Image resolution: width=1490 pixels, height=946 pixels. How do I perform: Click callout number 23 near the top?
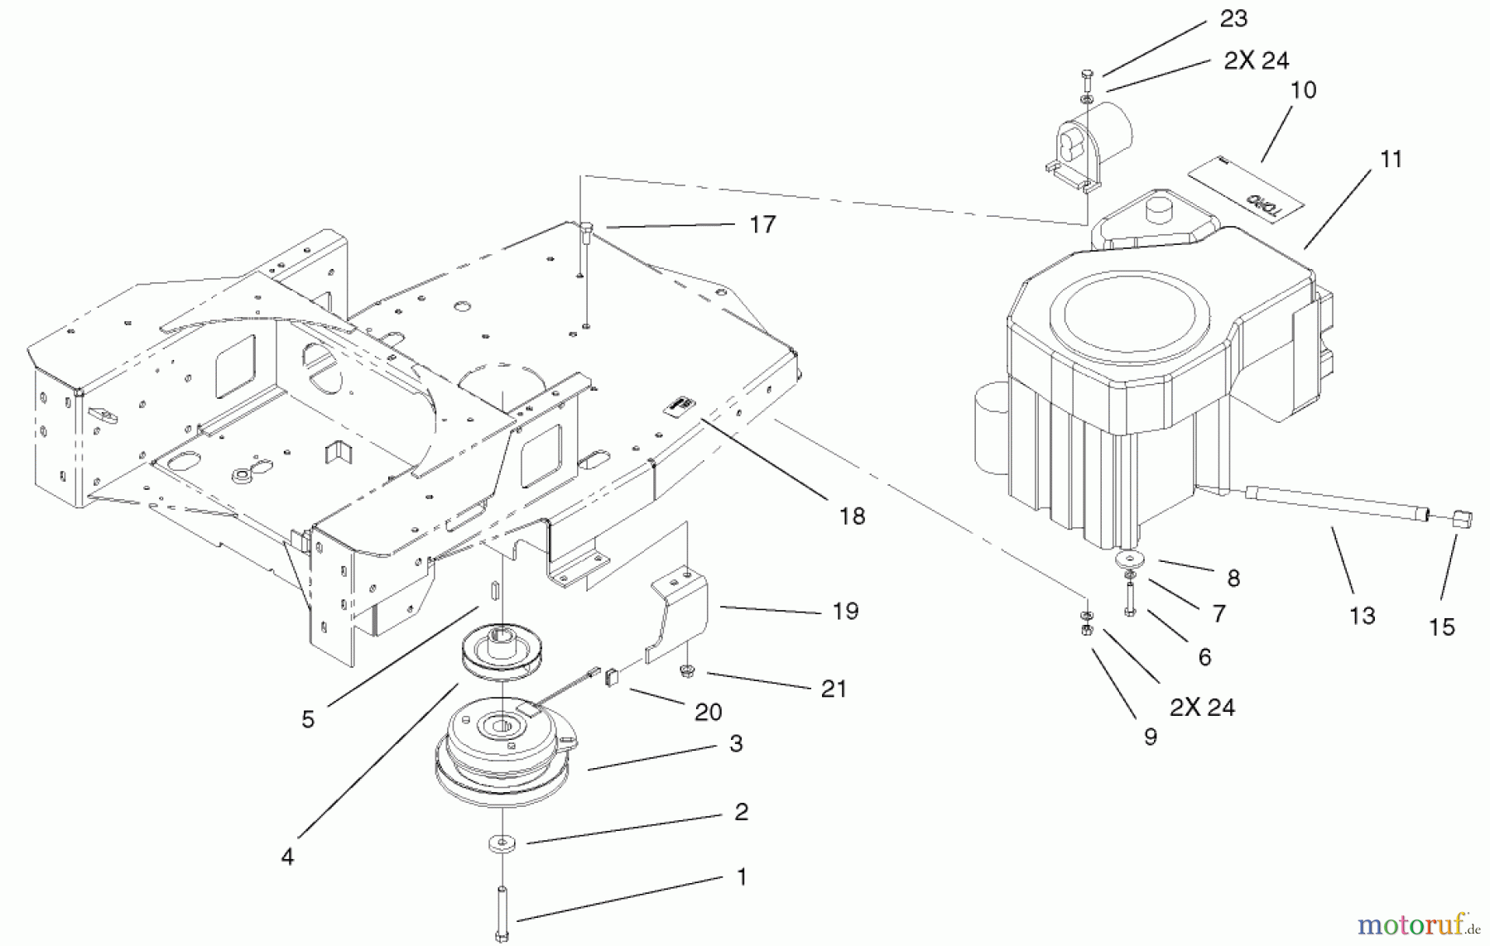1233,18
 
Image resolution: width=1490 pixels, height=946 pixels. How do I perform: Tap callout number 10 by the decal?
1303,89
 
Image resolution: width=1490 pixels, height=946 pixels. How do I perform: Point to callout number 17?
762,224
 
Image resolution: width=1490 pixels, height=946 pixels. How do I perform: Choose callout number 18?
852,516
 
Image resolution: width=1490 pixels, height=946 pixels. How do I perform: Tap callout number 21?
834,689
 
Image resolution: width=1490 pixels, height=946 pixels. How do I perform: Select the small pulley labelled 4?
496,650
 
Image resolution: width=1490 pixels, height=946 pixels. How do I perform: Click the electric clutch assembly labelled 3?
505,749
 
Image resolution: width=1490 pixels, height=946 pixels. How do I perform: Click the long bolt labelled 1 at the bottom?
502,910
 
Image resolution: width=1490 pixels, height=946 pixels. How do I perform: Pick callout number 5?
308,719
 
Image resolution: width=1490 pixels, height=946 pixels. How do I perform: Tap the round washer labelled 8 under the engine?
1127,559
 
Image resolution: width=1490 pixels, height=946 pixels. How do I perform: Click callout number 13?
1362,615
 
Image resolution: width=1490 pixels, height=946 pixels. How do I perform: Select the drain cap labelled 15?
1462,520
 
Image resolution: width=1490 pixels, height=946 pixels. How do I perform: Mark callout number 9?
1150,737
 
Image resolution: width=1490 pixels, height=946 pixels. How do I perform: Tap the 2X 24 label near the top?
1256,60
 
